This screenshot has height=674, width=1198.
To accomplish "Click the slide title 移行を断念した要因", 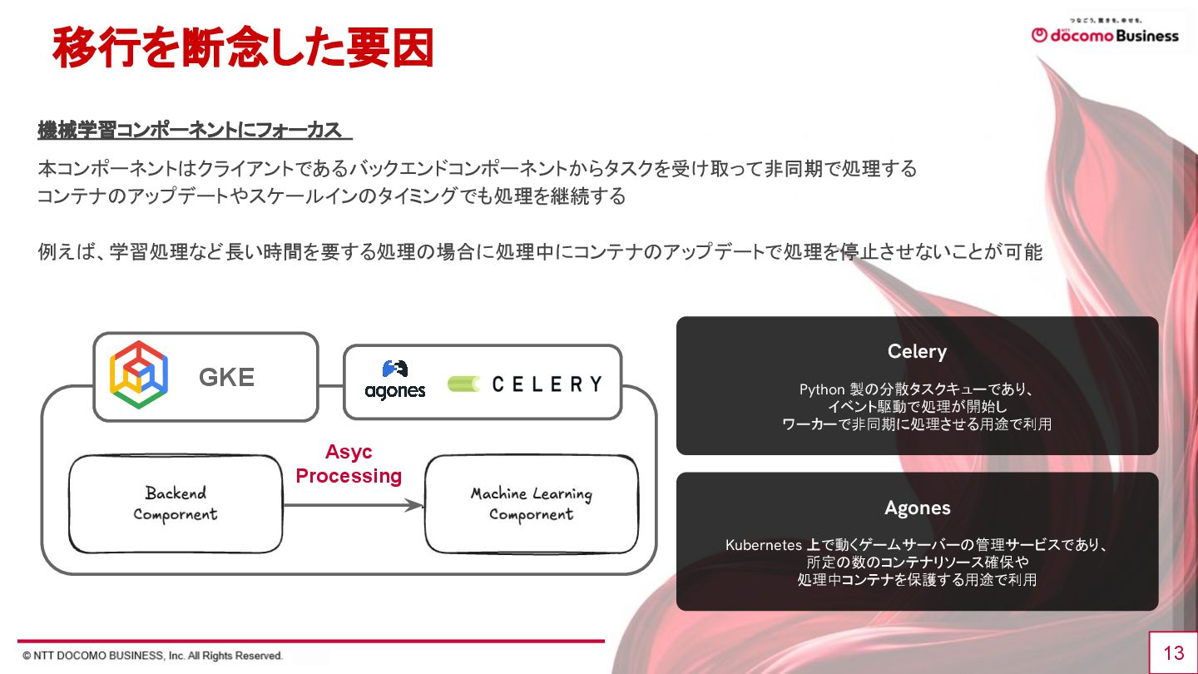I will [242, 47].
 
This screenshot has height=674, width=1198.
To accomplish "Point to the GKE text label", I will [226, 378].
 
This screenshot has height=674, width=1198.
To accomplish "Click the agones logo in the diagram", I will [394, 380].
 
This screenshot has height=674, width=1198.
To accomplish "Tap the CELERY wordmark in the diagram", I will [547, 384].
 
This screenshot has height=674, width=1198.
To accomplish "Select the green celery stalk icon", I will [463, 384].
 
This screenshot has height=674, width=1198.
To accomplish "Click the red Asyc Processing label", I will [349, 464].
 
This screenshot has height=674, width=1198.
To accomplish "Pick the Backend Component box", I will [176, 503].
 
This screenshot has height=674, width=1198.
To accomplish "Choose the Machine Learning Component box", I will [532, 503].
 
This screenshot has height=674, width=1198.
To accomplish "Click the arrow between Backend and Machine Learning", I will [354, 504].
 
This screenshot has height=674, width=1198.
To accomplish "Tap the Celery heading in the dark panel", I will [917, 351].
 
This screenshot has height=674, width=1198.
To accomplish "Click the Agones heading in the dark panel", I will [917, 508].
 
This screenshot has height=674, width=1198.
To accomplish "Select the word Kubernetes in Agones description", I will [763, 546].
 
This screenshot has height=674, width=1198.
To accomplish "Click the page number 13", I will [1173, 652].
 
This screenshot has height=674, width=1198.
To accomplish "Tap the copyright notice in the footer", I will [153, 656].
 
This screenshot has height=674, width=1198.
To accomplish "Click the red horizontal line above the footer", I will [312, 641].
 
